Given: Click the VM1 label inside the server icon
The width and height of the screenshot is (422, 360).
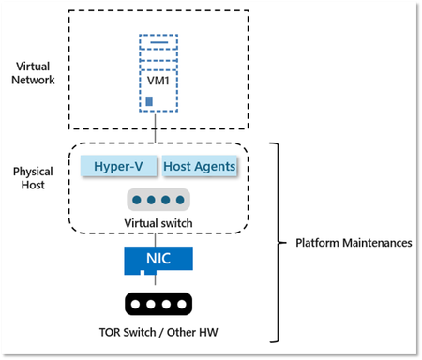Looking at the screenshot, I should [x=158, y=80].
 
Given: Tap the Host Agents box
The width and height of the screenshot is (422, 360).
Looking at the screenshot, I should [x=200, y=166].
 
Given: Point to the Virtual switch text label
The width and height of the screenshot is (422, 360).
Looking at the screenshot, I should [x=158, y=223].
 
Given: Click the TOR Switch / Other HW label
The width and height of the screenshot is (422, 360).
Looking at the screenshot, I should [x=158, y=332].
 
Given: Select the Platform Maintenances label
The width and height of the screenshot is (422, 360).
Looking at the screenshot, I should [x=346, y=242].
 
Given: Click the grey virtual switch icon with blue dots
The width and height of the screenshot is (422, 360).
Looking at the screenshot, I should [x=158, y=200].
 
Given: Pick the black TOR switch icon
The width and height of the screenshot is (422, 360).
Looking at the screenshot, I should [x=158, y=305].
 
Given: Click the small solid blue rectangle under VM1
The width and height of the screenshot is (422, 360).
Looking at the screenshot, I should [x=148, y=101].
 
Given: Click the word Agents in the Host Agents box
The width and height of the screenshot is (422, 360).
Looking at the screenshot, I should [x=216, y=166].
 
